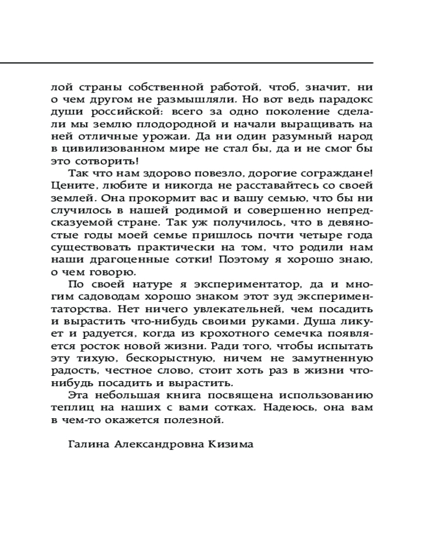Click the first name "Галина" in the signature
click(88, 445)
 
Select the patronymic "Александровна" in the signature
click(162, 445)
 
